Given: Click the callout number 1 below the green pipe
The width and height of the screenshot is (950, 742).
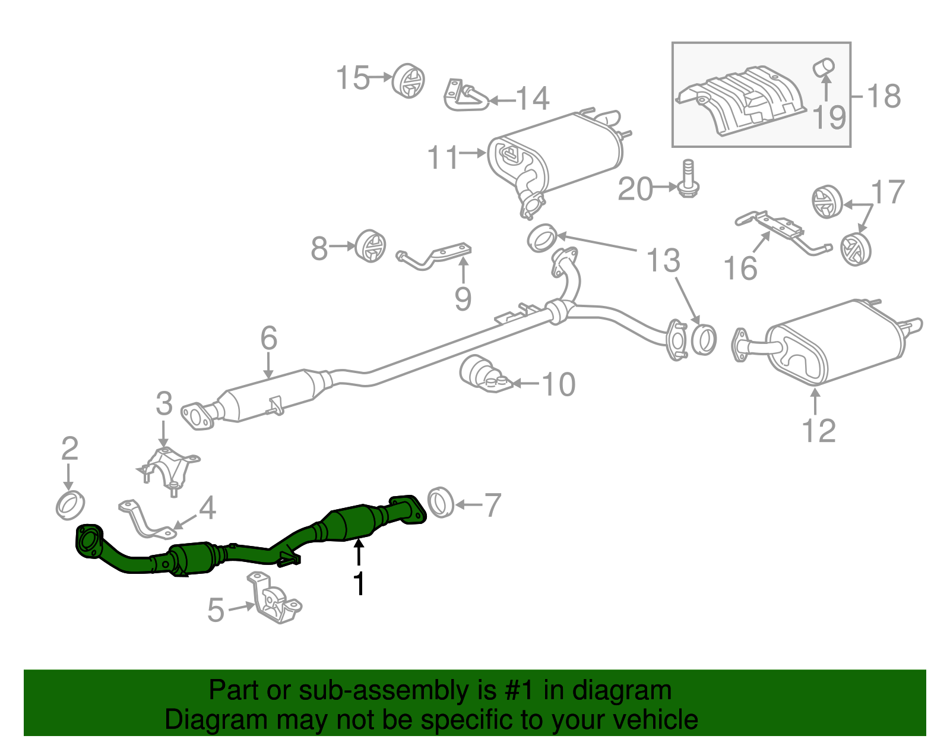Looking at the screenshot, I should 359,583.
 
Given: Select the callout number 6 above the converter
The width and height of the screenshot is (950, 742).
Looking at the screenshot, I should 268,339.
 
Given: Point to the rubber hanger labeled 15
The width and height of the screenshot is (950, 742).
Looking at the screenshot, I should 408,80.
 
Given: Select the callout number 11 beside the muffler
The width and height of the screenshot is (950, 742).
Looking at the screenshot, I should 443,157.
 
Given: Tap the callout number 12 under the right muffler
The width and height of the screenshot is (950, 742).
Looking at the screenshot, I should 818,430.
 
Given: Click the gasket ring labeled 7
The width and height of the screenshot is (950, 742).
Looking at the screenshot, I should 440,502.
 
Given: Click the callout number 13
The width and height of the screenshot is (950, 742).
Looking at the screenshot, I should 663,261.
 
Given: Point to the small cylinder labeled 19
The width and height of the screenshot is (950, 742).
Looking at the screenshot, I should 824,67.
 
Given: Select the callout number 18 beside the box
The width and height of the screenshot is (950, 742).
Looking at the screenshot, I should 883,96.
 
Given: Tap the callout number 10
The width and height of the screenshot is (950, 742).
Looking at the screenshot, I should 558,384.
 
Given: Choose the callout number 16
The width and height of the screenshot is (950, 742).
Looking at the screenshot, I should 740,268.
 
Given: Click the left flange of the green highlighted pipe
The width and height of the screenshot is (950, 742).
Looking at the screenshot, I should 87,542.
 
